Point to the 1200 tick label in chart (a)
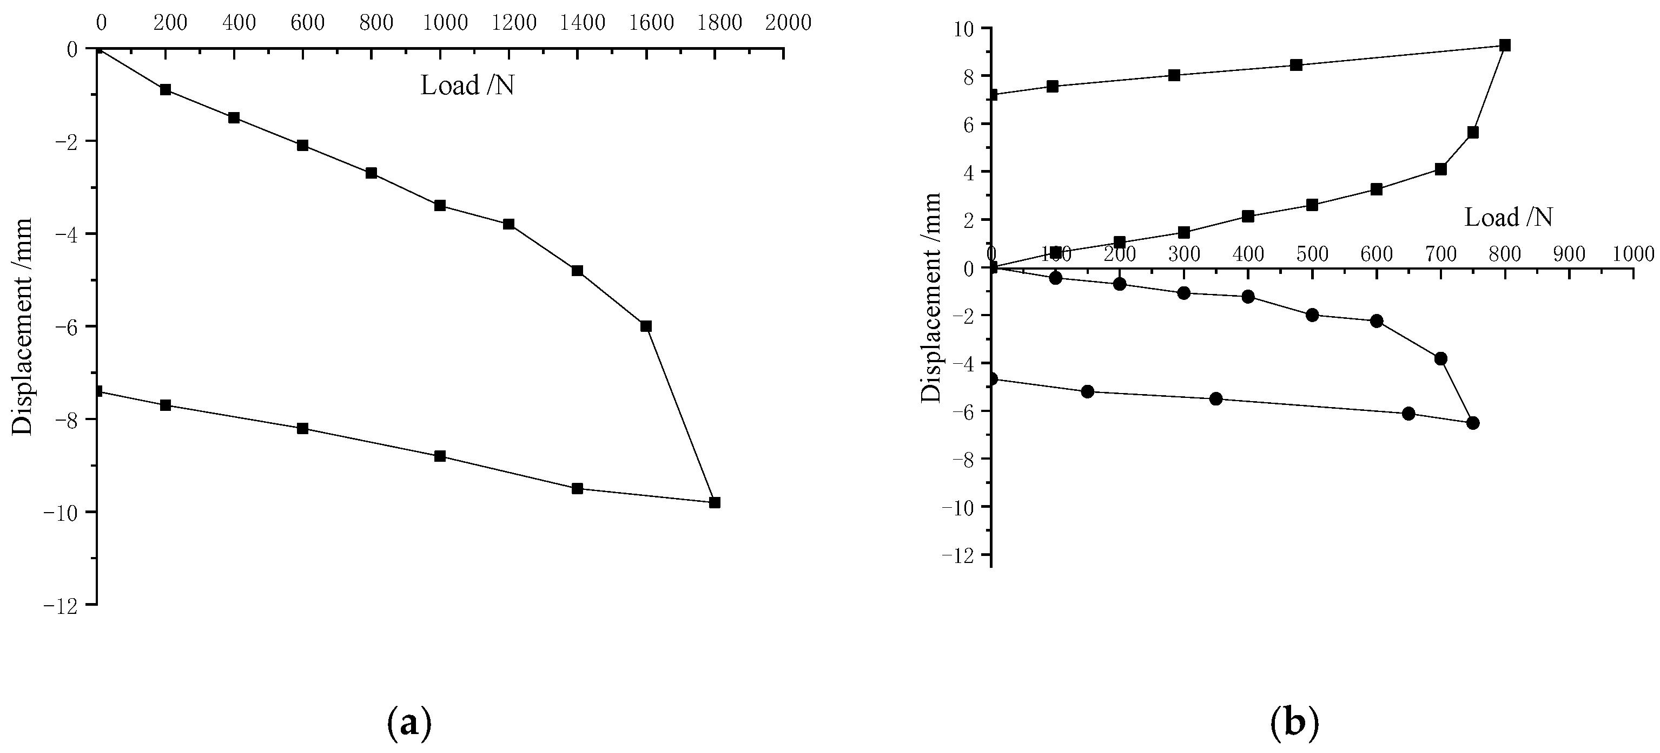[514, 23]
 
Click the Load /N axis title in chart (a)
[467, 86]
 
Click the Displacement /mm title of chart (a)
[23, 327]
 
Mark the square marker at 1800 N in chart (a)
[715, 502]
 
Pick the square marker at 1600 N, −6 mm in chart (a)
[646, 326]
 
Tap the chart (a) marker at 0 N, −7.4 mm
[97, 391]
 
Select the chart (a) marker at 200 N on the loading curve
[166, 90]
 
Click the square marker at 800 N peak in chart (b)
[1505, 45]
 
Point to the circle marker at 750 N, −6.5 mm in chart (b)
[1472, 423]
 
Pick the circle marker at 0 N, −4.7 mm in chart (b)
[993, 379]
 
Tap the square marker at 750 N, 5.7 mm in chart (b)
[1472, 132]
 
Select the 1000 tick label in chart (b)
[1633, 254]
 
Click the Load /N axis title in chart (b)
[1508, 217]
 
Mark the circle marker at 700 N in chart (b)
[1441, 358]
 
